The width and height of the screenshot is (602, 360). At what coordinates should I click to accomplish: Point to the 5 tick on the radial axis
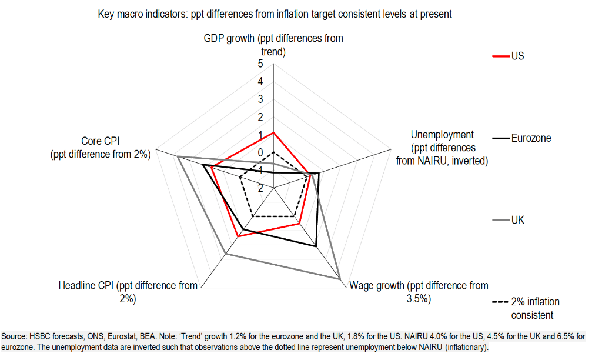tap(260, 64)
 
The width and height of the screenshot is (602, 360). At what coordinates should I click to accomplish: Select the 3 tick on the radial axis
tap(260, 99)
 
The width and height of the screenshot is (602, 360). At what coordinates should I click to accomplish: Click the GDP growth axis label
tap(273, 45)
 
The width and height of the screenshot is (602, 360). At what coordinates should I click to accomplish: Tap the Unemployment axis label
tap(442, 147)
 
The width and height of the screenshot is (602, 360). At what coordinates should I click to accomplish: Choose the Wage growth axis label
tap(419, 292)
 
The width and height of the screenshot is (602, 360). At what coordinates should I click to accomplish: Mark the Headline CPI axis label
tap(128, 292)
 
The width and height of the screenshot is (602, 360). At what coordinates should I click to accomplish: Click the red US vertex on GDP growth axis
tap(273, 133)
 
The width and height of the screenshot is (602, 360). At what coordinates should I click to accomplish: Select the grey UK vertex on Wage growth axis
tap(341, 279)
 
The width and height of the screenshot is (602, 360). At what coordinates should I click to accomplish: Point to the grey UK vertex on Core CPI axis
tap(178, 156)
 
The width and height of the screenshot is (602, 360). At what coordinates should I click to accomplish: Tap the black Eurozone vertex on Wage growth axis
tap(316, 246)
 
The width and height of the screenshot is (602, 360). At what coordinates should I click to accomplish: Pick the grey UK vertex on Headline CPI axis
tap(226, 254)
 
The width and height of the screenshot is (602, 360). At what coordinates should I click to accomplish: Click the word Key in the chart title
tap(106, 14)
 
